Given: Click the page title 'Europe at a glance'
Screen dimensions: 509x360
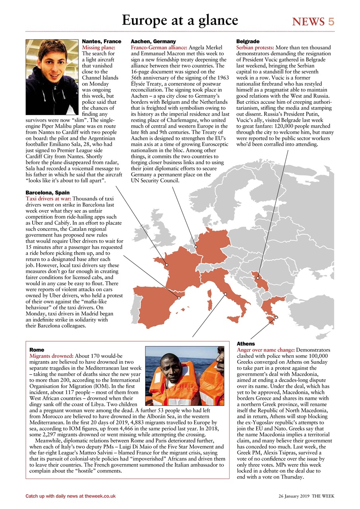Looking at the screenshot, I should (x=180, y=20).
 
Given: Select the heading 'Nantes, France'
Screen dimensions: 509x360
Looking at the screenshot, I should (x=101, y=41).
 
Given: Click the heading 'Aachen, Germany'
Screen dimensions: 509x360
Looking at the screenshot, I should (x=153, y=41).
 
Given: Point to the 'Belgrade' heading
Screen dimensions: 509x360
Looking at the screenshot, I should (x=248, y=41).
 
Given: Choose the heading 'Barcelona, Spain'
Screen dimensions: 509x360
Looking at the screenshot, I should (x=47, y=192).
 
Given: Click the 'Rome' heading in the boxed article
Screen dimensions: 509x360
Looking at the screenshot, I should (x=37, y=350).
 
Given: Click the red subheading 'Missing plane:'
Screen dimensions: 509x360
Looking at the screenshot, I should (x=98, y=47).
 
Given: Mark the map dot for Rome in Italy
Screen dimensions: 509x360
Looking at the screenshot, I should (x=226, y=294).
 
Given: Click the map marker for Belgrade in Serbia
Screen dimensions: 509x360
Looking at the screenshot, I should (x=257, y=278).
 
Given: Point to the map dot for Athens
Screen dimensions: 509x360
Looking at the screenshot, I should (x=276, y=317).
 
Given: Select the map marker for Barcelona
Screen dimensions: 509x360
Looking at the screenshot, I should (x=179, y=297).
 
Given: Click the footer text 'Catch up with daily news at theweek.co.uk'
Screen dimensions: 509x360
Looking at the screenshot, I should (x=70, y=496).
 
